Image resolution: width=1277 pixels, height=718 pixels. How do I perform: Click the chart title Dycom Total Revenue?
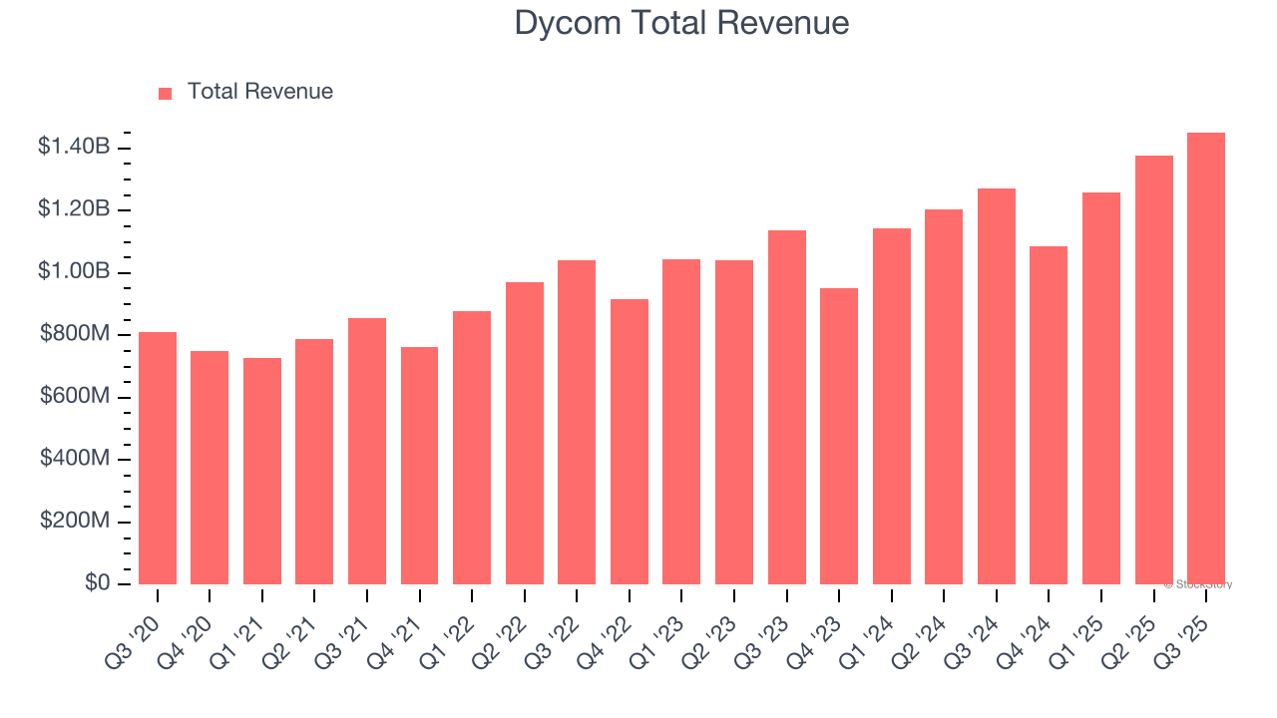click(x=681, y=23)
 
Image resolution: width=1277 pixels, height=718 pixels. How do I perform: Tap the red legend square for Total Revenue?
click(x=166, y=93)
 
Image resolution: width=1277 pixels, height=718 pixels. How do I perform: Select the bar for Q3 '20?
click(x=158, y=459)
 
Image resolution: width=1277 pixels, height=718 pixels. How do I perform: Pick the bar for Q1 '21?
click(x=262, y=472)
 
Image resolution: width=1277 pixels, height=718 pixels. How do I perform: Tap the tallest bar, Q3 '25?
click(x=1206, y=359)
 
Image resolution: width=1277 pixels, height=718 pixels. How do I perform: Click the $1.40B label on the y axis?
click(x=74, y=148)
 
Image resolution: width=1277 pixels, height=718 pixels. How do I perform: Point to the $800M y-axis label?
click(x=75, y=334)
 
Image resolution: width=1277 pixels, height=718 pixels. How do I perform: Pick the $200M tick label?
click(x=75, y=522)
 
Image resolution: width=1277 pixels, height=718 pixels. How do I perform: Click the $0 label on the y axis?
click(x=97, y=583)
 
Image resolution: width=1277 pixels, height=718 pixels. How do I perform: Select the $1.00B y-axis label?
click(x=74, y=272)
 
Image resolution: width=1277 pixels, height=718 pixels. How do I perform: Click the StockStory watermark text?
click(x=1198, y=584)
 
